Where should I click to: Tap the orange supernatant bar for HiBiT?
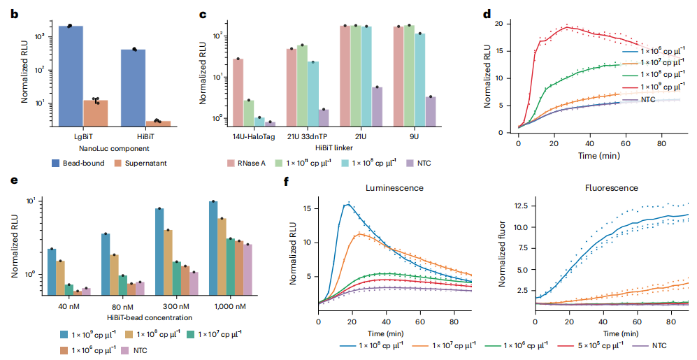point(158,123)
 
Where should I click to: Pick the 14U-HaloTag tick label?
point(249,138)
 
